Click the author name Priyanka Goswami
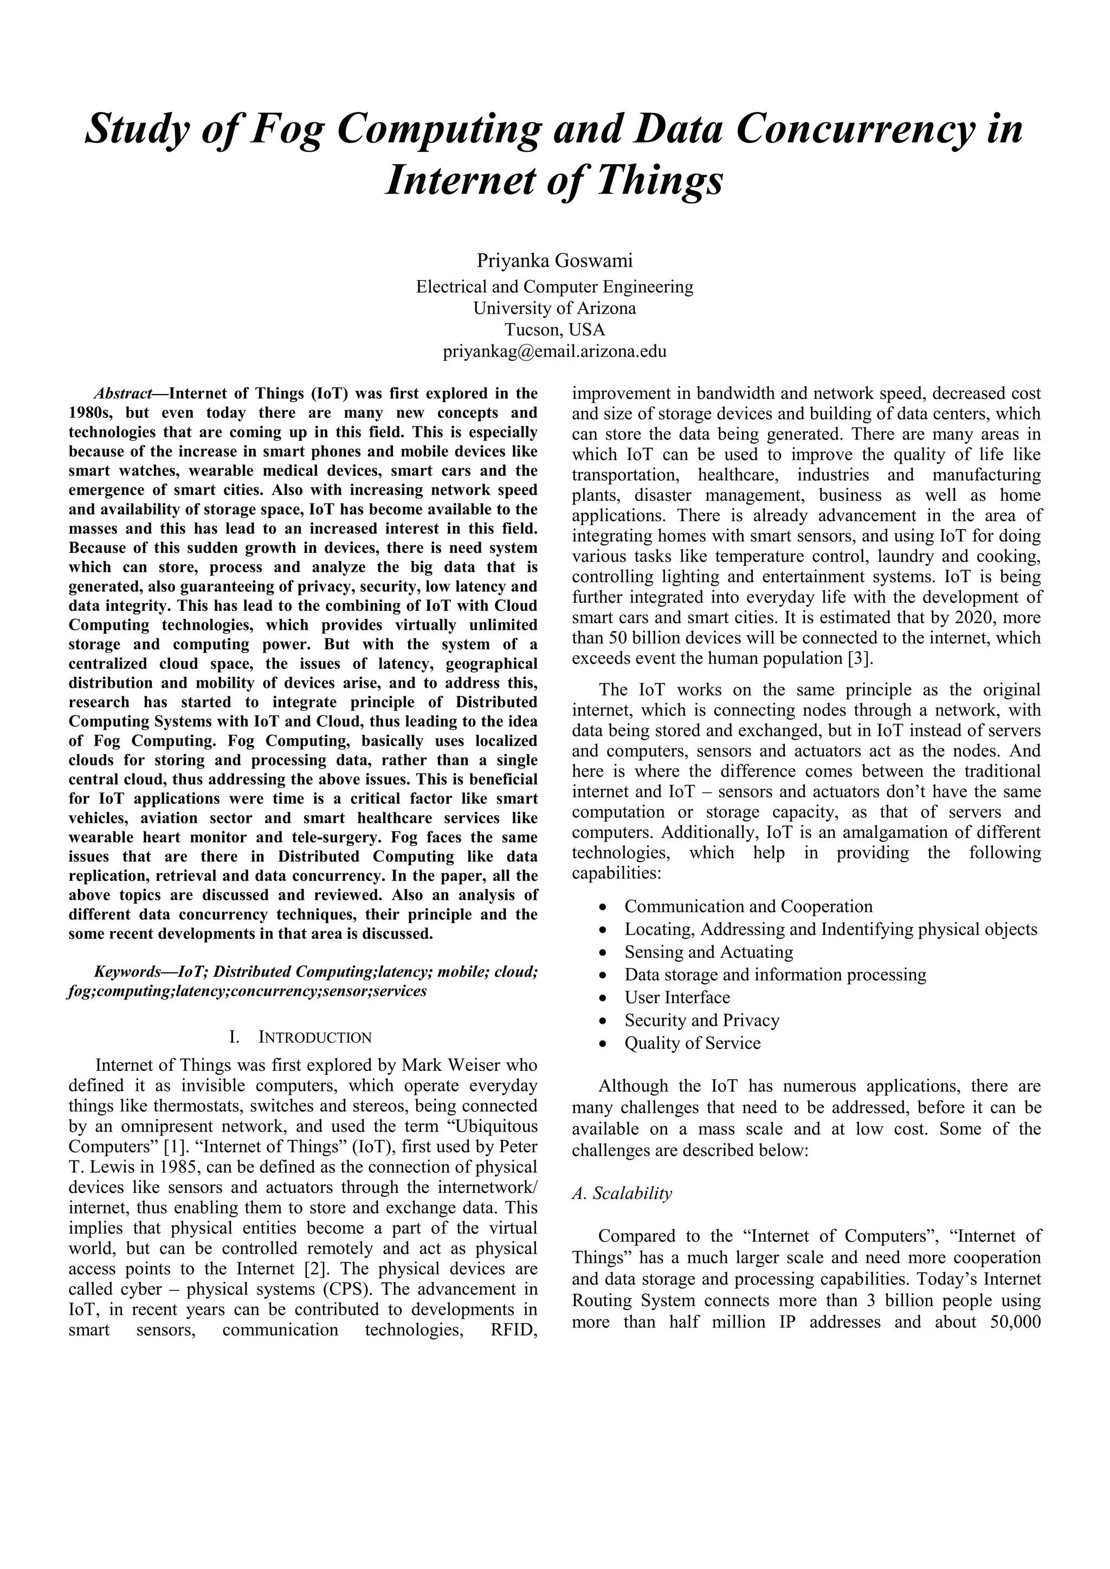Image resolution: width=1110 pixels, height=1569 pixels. [x=554, y=260]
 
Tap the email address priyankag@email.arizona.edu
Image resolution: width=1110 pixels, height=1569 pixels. [x=554, y=351]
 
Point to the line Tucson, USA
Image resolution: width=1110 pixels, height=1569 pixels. [x=554, y=330]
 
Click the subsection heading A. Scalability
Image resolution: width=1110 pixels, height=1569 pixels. [x=622, y=1193]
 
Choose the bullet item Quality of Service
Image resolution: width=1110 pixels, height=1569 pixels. [x=692, y=1043]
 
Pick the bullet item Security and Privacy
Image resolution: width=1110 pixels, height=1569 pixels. [x=701, y=1021]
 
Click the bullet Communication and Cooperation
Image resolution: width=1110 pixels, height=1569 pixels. [x=748, y=907]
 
